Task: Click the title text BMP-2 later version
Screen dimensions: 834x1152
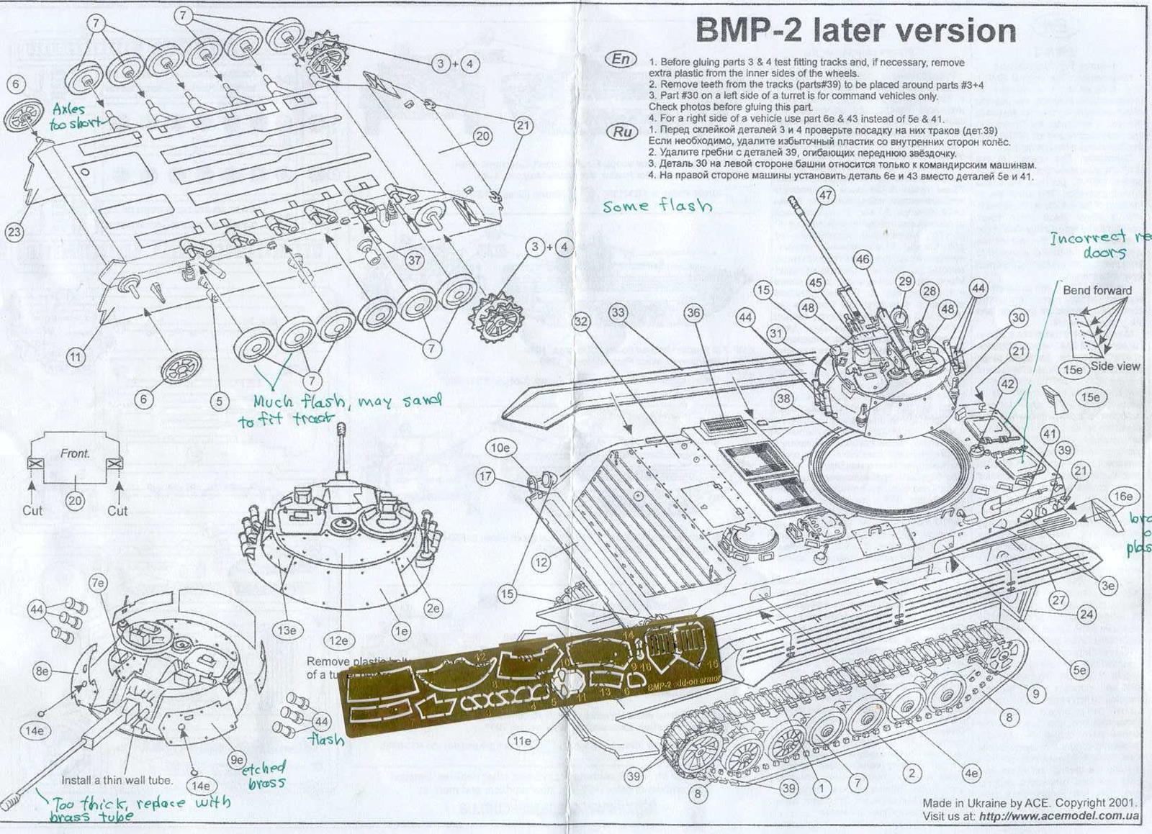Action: point(855,32)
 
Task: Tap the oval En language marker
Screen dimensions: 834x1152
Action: point(621,59)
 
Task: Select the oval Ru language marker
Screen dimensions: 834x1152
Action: point(621,132)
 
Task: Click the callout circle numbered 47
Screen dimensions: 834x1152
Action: point(825,195)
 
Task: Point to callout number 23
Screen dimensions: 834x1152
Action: point(14,232)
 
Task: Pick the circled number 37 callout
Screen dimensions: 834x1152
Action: point(414,260)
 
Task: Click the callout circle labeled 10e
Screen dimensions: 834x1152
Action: point(500,448)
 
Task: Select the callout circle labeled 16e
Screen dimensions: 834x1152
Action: point(1122,497)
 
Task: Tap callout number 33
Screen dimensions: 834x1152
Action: point(618,312)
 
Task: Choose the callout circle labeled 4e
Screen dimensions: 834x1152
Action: point(971,774)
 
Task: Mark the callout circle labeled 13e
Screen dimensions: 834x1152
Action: point(287,630)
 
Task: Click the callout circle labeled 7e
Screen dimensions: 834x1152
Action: point(98,582)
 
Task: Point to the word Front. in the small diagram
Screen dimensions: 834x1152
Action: point(75,454)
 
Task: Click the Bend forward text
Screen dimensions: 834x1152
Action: point(1097,291)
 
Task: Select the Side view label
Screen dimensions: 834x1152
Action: point(1115,366)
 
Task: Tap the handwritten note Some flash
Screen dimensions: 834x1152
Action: point(657,207)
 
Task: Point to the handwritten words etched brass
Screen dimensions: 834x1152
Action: point(265,775)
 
